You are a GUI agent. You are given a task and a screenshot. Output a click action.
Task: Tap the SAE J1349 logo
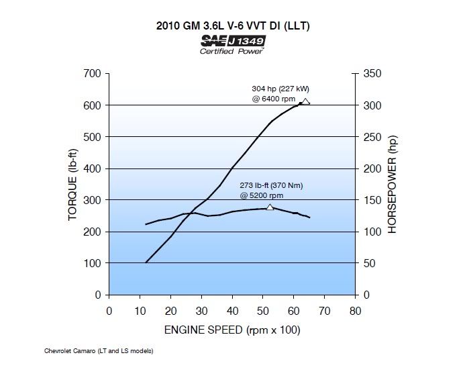point(232,41)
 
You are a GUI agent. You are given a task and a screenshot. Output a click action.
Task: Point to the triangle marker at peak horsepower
point(306,102)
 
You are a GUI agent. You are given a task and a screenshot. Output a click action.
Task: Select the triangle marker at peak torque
point(270,207)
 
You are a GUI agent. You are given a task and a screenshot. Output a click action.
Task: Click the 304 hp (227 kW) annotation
point(280,89)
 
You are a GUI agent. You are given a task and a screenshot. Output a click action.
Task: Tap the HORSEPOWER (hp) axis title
point(393,184)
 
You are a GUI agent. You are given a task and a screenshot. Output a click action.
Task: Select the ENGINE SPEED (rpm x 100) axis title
point(232,330)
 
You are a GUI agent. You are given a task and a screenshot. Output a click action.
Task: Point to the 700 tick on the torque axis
point(92,73)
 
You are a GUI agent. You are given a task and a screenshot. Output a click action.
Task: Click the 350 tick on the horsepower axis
point(372,73)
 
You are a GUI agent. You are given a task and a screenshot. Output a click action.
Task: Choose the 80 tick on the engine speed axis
point(355,310)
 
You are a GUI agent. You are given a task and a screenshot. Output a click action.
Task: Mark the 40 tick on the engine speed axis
point(232,310)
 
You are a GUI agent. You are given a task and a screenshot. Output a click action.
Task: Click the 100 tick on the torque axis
point(92,263)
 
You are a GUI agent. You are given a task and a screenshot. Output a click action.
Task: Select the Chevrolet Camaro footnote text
point(99,350)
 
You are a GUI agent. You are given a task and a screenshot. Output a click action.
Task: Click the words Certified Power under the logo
point(232,51)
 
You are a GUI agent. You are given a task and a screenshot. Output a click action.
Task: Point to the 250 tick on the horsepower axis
point(372,137)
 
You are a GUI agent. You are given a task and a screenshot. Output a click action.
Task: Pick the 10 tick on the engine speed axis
point(140,310)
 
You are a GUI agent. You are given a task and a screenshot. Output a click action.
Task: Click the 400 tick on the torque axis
point(92,168)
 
